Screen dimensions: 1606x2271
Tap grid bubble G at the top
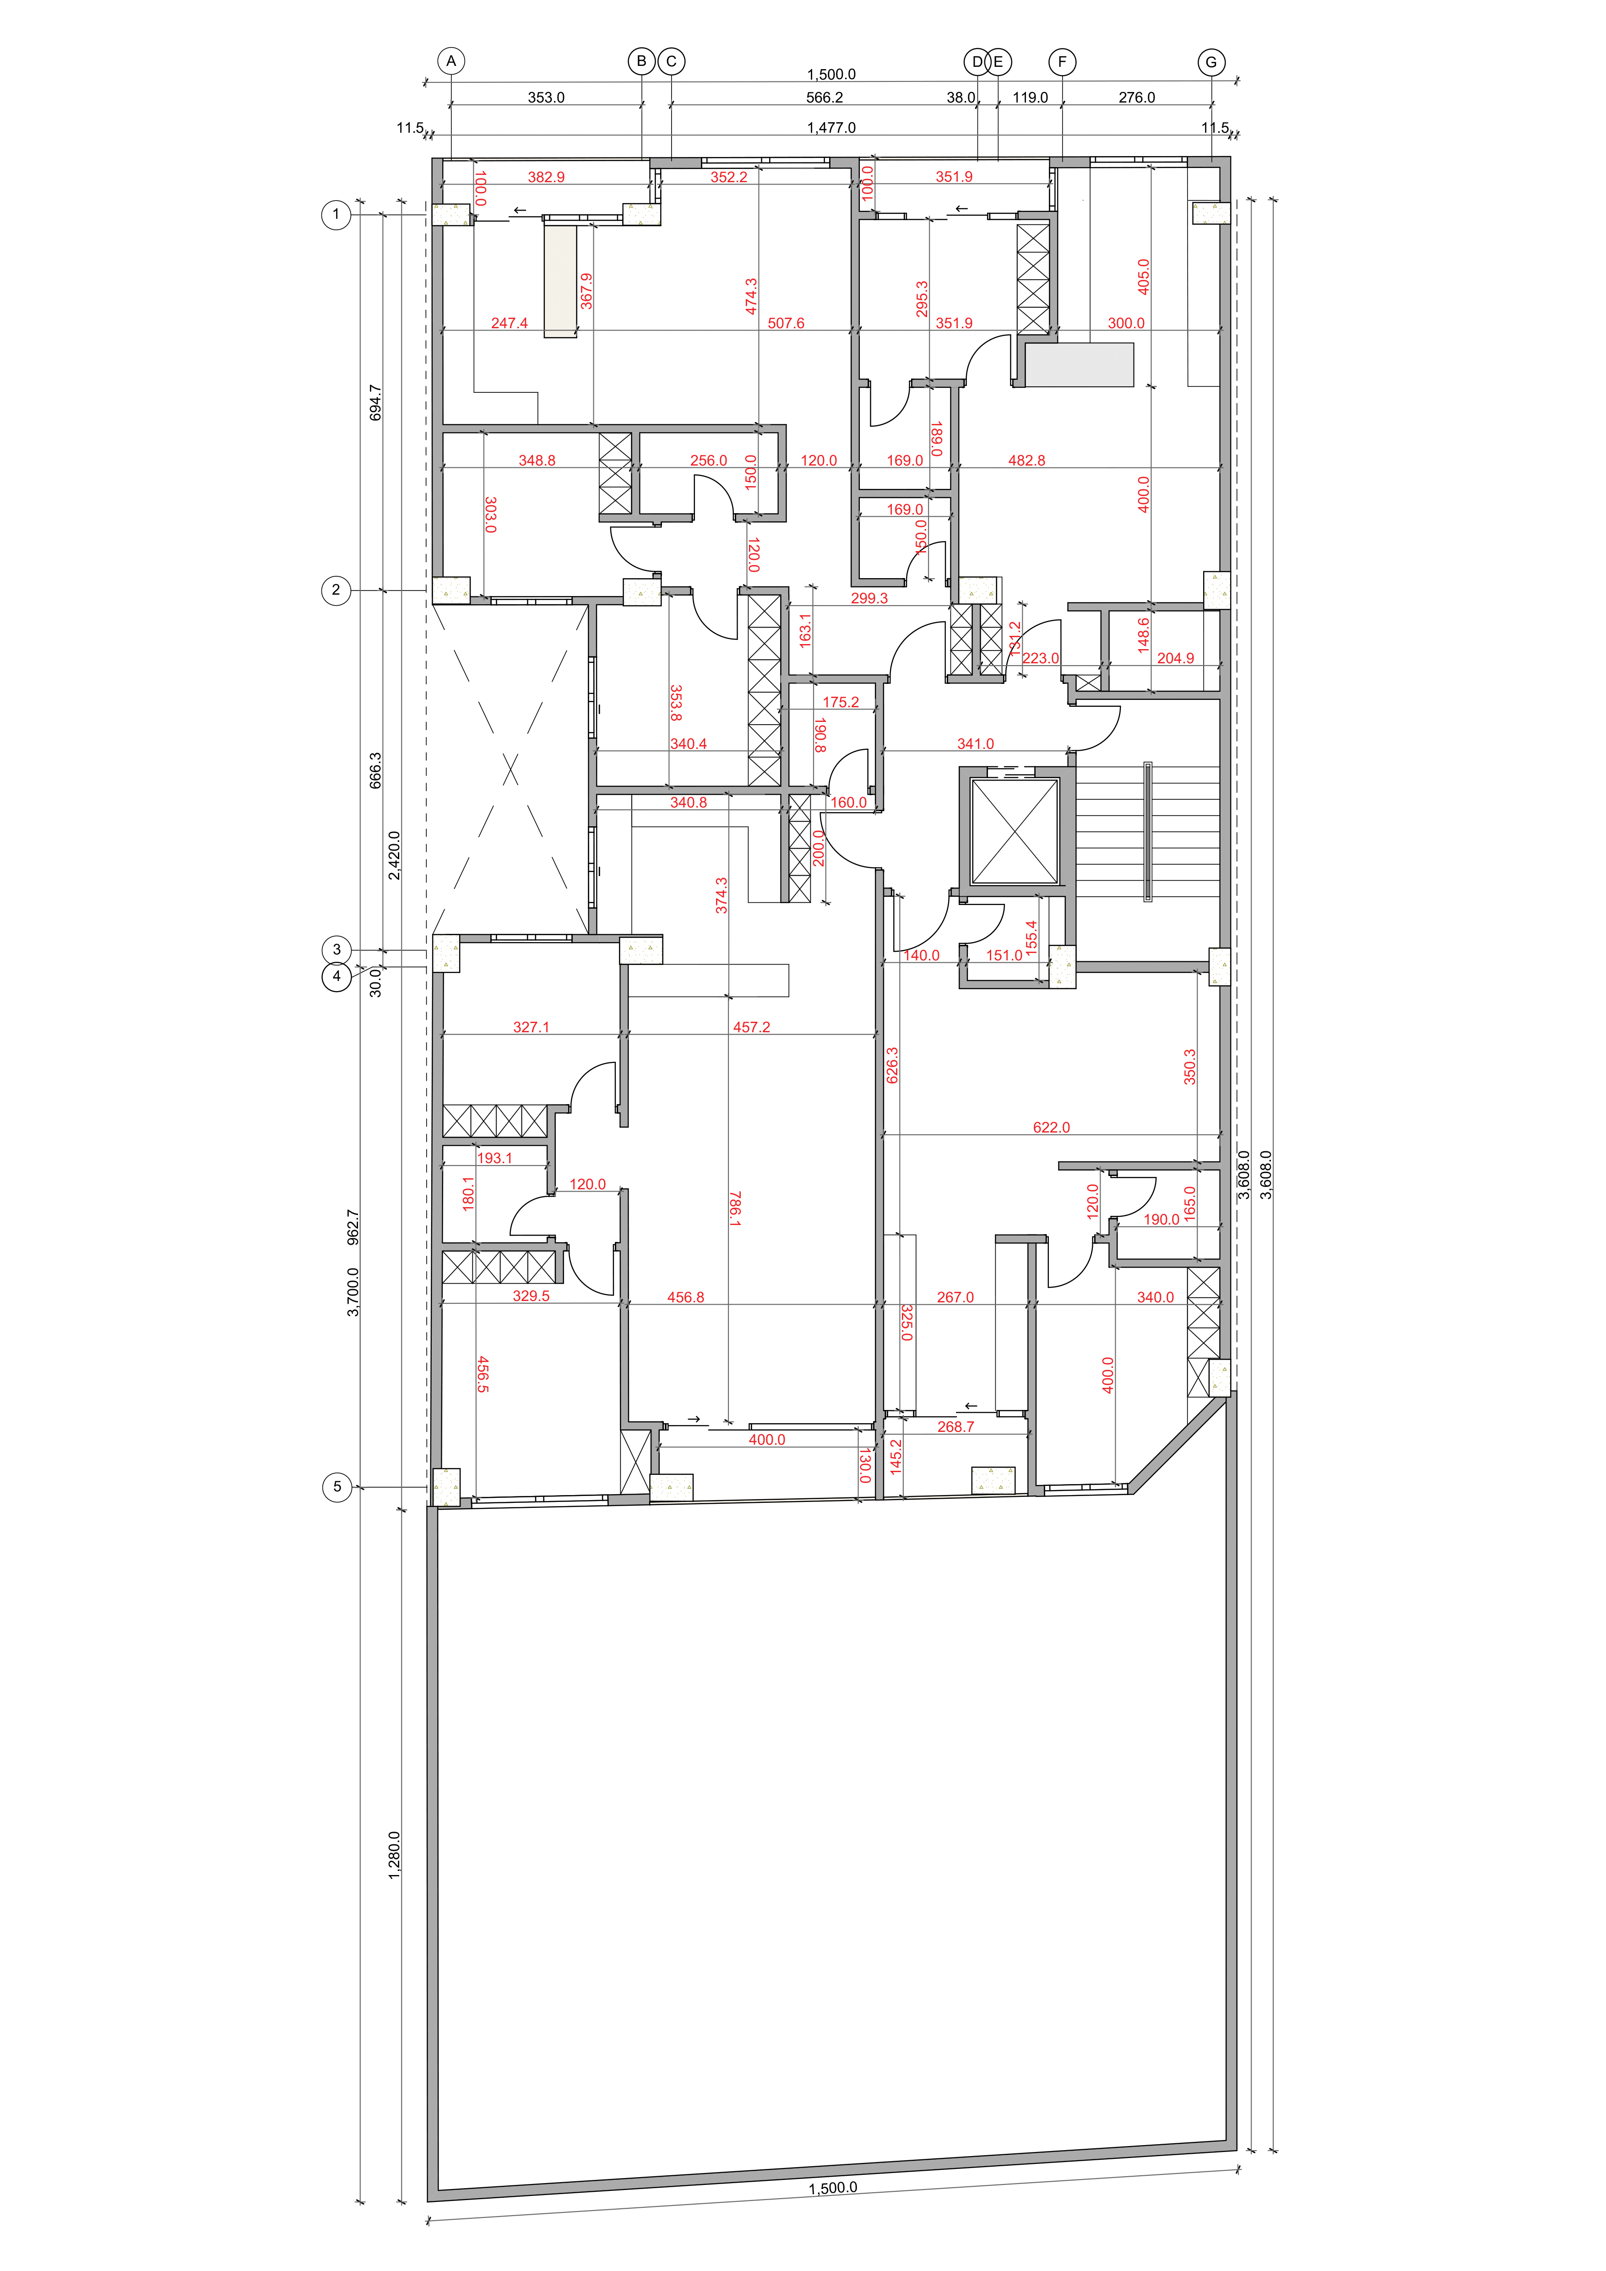point(1211,62)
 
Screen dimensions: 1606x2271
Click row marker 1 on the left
point(336,215)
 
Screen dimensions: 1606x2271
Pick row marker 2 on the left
point(336,591)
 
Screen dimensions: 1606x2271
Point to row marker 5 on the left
point(337,1487)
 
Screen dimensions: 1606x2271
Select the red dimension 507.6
point(786,324)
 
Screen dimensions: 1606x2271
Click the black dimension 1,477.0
point(832,128)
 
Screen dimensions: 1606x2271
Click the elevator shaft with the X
point(1015,831)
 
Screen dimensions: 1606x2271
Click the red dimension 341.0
point(975,744)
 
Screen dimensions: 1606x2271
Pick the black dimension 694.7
point(375,402)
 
